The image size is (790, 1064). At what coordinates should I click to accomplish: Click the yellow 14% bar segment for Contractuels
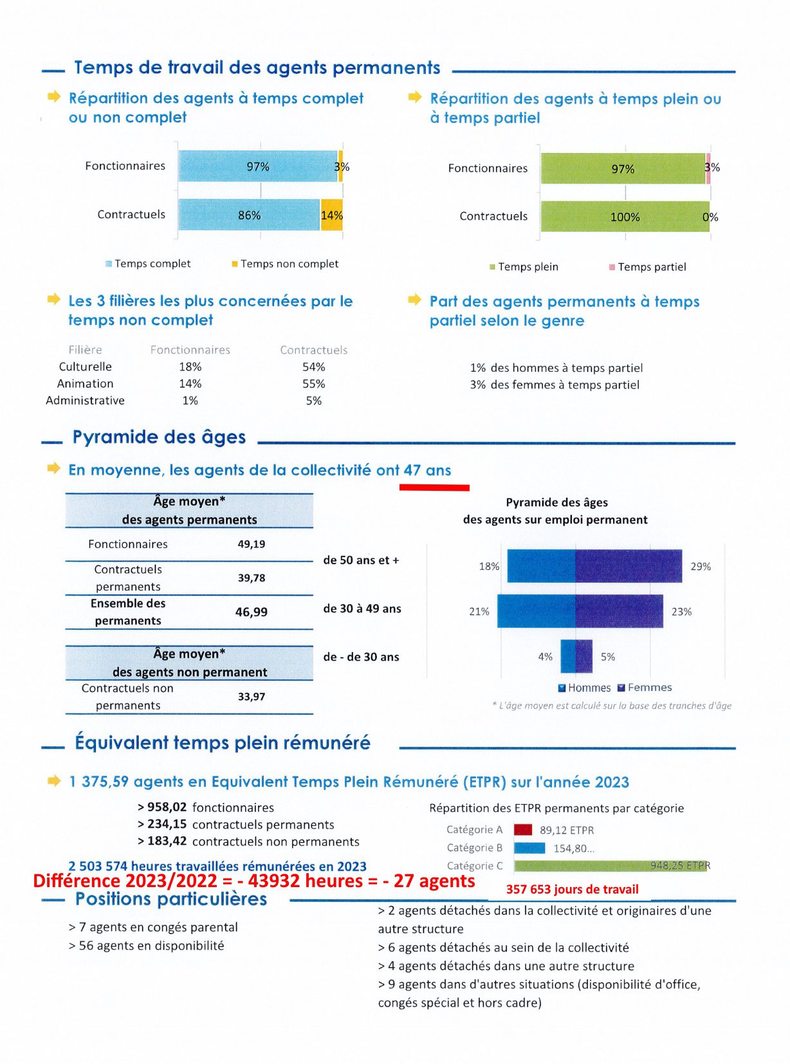coord(331,215)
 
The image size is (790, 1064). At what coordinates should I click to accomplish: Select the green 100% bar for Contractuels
coord(625,216)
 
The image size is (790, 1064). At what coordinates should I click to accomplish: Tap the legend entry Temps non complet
coord(285,264)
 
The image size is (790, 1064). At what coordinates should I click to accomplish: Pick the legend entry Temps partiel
coord(647,267)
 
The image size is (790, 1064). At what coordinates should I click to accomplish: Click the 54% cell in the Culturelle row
coord(314,367)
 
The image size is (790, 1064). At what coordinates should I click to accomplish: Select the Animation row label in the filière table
coord(86,384)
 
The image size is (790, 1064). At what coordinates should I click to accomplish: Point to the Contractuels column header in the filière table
coord(314,350)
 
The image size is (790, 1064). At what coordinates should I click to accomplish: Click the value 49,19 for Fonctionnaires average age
coord(252,544)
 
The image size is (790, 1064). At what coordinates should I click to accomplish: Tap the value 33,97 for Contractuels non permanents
coord(252,697)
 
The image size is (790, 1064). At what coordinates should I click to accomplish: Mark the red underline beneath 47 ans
coord(434,488)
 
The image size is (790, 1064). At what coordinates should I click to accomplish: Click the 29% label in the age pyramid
coord(701,567)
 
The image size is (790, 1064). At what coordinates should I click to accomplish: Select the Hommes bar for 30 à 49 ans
coord(536,611)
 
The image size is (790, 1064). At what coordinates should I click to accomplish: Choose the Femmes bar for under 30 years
coord(584,656)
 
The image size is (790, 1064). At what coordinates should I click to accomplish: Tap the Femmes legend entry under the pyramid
coord(645,688)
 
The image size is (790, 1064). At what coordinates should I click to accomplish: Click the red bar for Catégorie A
coord(522,830)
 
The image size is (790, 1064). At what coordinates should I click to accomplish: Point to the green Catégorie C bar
coord(610,866)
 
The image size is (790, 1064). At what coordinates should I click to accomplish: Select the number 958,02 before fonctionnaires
coord(167,807)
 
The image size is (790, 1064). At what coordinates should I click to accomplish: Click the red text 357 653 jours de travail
coord(572,890)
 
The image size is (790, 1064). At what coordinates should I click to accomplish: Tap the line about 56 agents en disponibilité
coord(147,946)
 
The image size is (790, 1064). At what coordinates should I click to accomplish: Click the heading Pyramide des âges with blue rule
coord(159,437)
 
